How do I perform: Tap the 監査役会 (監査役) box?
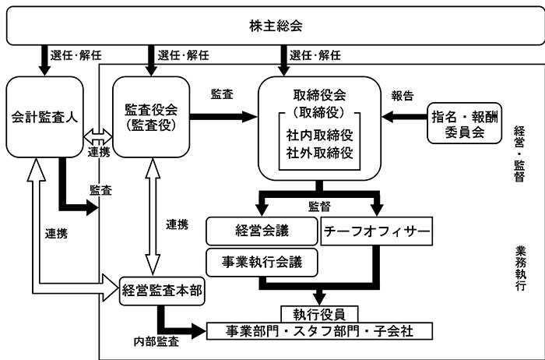click(x=150, y=117)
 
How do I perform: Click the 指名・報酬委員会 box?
click(x=464, y=124)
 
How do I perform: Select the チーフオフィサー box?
click(x=376, y=231)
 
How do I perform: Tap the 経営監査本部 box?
click(x=161, y=293)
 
